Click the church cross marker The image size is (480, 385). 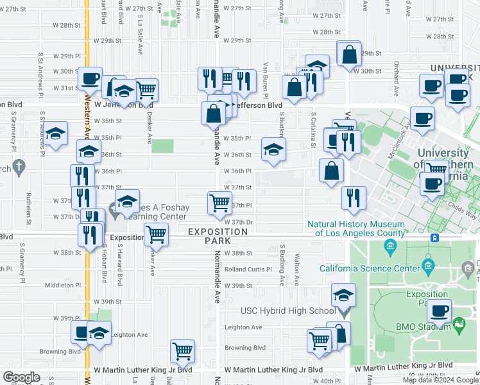pos(19,168)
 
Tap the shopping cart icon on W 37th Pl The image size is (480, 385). pos(219,203)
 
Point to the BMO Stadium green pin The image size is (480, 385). pos(458,327)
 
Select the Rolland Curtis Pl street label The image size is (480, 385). pos(248,269)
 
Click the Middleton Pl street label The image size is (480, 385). pos(62,285)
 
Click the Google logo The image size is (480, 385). pos(21,377)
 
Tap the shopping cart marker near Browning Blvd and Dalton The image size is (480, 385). pos(183,351)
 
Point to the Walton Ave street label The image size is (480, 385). pos(297,269)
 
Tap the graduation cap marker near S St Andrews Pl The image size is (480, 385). pos(56,133)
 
